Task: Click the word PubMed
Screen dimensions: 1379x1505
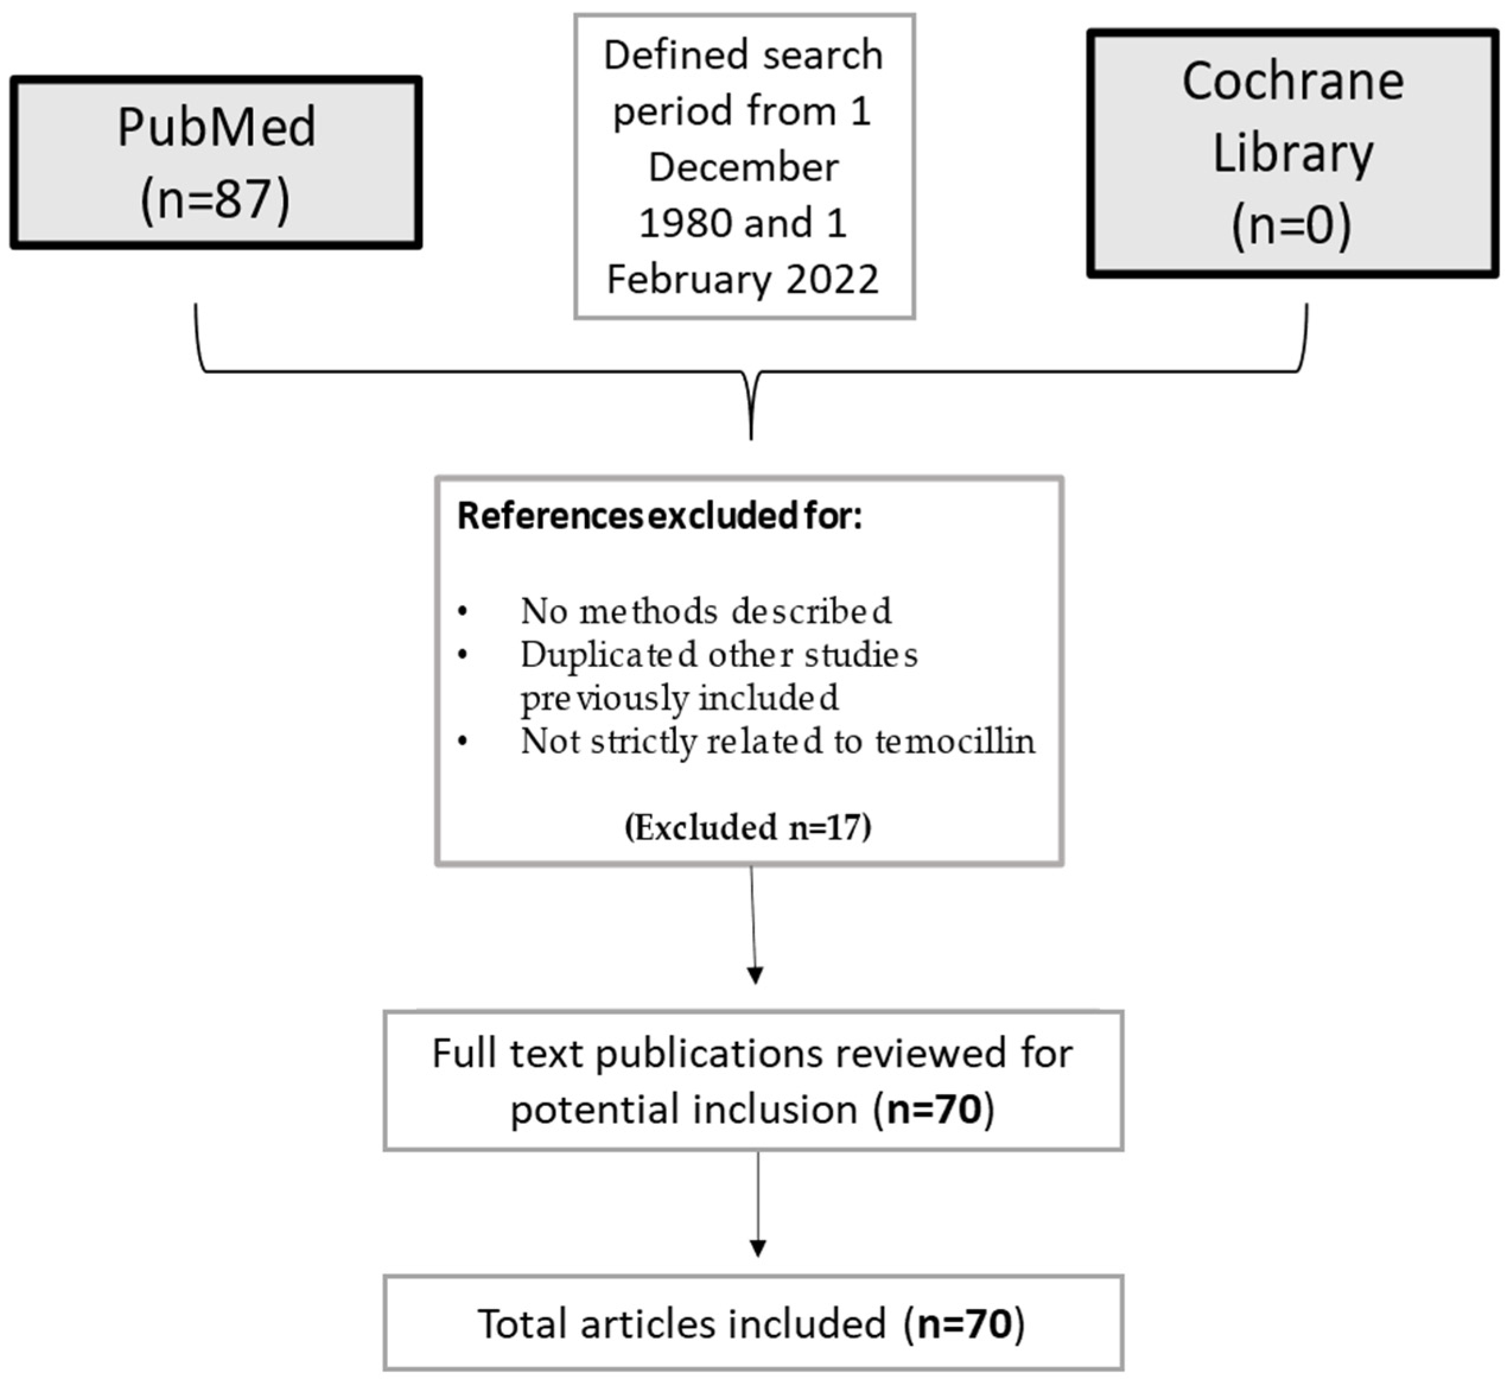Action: [217, 127]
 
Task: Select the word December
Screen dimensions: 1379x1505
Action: [743, 167]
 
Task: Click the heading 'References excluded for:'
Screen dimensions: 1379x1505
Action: [659, 516]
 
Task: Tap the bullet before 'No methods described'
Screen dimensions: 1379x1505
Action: [463, 612]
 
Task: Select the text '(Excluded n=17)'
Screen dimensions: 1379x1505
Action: [748, 827]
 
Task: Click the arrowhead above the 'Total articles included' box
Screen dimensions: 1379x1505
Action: [758, 1248]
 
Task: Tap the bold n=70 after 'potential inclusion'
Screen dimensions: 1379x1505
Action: [933, 1109]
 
